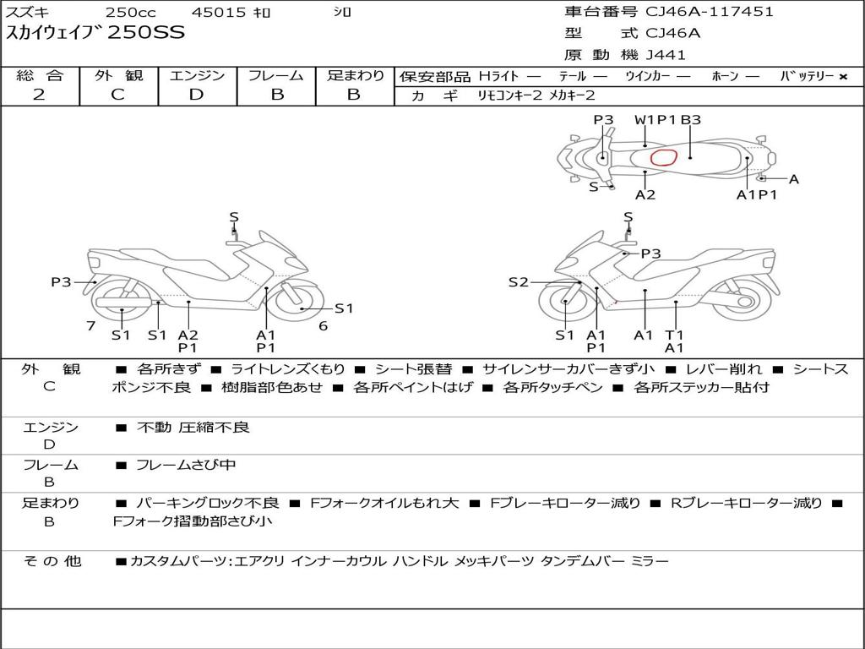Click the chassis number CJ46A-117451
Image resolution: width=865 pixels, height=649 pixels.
(710, 12)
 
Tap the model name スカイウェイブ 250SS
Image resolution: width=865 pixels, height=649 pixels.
(95, 33)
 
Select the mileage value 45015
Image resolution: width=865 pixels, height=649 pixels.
(218, 12)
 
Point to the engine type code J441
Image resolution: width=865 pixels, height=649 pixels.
(666, 55)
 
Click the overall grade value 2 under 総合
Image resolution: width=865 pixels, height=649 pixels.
(39, 95)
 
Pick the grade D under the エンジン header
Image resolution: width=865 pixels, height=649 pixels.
(196, 95)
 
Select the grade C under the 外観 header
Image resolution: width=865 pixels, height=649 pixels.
(118, 95)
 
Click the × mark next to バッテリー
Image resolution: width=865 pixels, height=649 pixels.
(843, 77)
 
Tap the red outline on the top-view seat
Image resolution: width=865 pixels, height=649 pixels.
(664, 157)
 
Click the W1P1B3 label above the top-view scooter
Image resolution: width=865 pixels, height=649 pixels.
(667, 120)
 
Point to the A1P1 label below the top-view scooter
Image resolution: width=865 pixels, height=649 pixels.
(756, 195)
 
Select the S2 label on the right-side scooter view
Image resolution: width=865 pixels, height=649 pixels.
(518, 282)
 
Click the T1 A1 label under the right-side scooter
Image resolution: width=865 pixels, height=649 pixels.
(674, 341)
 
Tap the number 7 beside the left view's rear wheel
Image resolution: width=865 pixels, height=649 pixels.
(91, 326)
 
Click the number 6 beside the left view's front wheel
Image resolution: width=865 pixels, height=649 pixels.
(324, 326)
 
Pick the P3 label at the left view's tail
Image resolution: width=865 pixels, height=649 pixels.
(61, 282)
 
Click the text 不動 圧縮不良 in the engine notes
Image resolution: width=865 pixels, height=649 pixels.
(193, 427)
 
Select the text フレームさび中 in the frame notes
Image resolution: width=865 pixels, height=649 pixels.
(186, 465)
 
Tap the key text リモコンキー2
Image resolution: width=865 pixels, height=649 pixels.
(509, 95)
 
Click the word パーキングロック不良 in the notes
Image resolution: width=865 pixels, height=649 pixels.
(208, 504)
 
